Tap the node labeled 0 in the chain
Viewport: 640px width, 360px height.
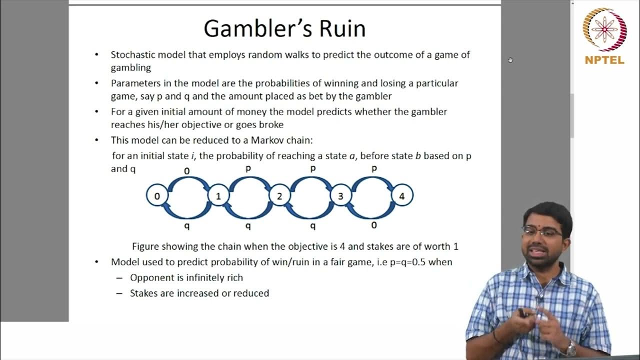click(157, 196)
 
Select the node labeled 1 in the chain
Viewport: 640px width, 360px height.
click(218, 196)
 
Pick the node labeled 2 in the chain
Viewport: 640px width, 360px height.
click(279, 196)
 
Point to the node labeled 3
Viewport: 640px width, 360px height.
click(340, 196)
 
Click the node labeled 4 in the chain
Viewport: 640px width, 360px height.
click(401, 196)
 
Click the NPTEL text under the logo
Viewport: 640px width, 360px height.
click(604, 60)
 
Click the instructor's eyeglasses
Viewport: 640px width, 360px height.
click(542, 232)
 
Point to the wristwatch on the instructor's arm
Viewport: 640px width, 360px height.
click(570, 347)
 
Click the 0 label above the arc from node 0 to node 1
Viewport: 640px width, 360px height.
click(187, 171)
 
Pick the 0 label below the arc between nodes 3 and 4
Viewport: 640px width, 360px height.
click(373, 225)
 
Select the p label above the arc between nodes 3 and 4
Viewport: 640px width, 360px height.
click(374, 169)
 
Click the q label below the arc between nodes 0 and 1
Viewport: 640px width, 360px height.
click(187, 226)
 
